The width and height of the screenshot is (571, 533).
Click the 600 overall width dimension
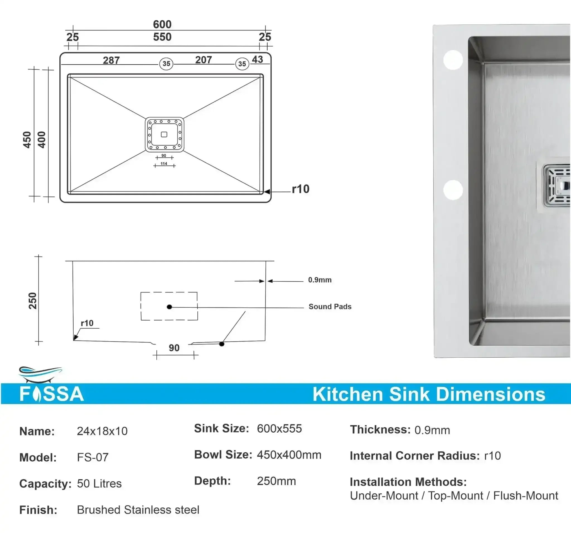162,25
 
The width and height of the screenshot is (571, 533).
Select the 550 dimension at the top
162,37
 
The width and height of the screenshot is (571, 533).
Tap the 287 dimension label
111,60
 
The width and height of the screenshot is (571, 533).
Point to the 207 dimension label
203,60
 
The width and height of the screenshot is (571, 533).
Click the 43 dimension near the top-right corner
257,59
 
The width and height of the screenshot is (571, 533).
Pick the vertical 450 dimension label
27,140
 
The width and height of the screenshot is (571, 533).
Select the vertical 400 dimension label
42,140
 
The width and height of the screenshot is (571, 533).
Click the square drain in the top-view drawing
164,134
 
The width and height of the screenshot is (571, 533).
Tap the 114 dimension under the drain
164,164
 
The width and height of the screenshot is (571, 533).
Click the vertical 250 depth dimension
33,301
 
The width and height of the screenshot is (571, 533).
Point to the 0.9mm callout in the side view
320,280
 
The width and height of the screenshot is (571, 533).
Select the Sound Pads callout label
330,307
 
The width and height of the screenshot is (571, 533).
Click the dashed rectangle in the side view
169,306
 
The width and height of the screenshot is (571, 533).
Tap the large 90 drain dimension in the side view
174,348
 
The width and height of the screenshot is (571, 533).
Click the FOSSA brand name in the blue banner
52,394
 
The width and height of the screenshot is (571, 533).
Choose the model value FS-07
93,457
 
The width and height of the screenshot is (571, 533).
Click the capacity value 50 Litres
99,484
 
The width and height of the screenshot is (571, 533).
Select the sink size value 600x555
279,429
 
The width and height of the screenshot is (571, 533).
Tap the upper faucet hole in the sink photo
453,60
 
